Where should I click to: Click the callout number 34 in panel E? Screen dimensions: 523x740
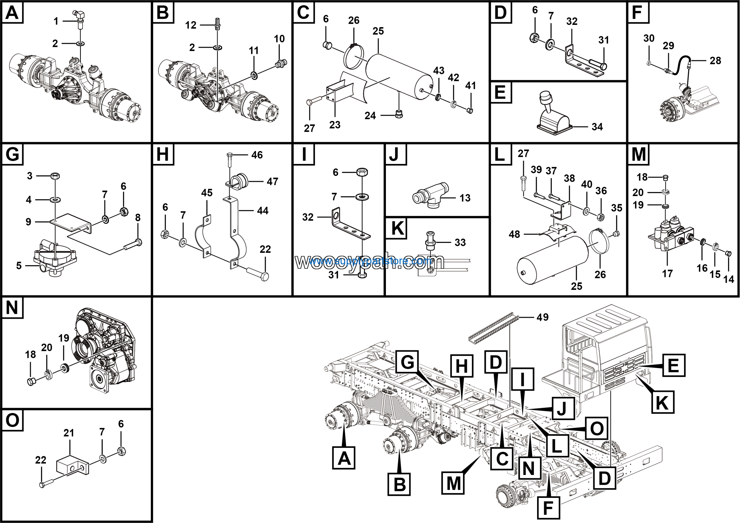pyautogui.click(x=597, y=127)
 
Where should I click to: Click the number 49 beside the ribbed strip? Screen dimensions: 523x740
pyautogui.click(x=543, y=317)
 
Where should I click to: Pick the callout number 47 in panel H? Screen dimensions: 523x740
pyautogui.click(x=272, y=182)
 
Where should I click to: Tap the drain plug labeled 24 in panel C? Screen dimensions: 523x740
pyautogui.click(x=399, y=114)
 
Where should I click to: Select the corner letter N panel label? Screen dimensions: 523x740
pyautogui.click(x=12, y=307)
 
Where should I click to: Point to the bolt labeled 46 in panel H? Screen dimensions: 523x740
pyautogui.click(x=230, y=159)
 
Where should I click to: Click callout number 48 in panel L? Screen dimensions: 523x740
pyautogui.click(x=515, y=234)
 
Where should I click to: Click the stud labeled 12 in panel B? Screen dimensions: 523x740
pyautogui.click(x=218, y=24)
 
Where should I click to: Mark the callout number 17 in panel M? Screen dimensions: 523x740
pyautogui.click(x=667, y=273)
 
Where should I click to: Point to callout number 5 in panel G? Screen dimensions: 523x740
pyautogui.click(x=19, y=265)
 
